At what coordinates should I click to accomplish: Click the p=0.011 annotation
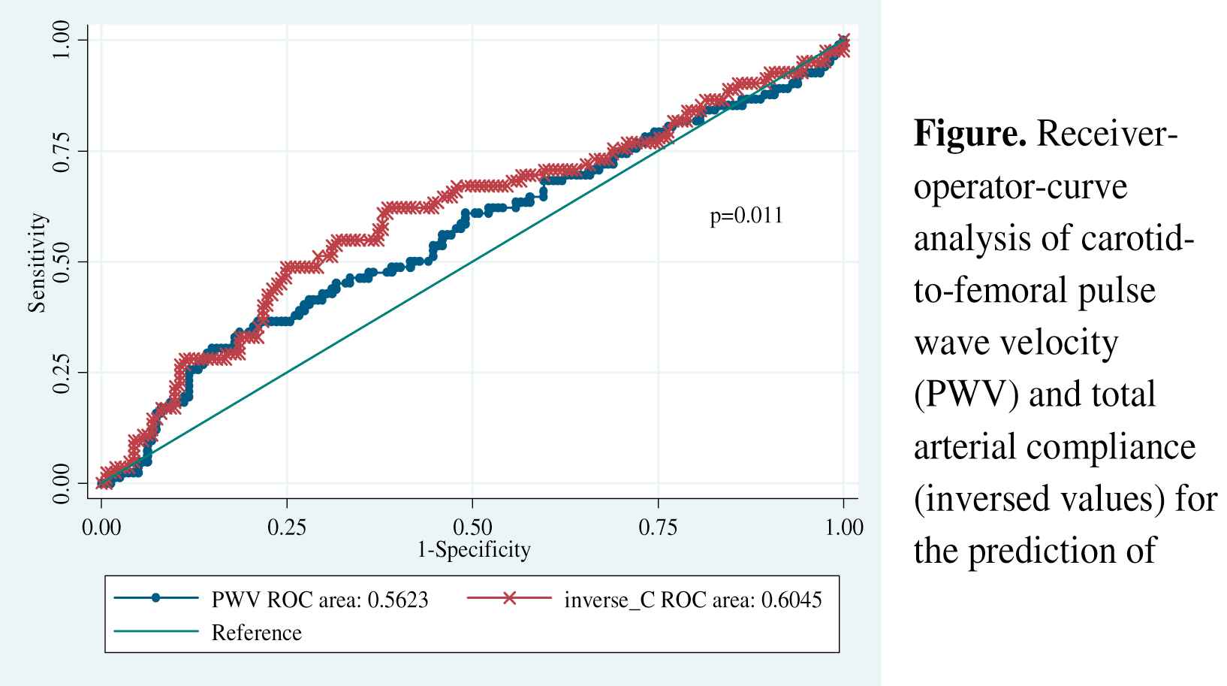tap(746, 216)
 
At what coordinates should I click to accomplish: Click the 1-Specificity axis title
tap(473, 550)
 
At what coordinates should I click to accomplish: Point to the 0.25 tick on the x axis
tap(287, 527)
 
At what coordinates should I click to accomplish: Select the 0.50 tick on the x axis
tap(472, 527)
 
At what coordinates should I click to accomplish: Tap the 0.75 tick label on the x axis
tap(658, 527)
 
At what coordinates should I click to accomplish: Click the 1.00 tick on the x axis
tap(844, 527)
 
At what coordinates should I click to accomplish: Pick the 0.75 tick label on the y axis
tap(62, 150)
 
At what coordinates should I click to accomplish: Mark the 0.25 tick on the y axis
tap(62, 373)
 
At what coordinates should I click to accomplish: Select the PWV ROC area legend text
tap(320, 600)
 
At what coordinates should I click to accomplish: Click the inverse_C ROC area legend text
tap(692, 600)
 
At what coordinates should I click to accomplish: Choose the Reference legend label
tap(257, 633)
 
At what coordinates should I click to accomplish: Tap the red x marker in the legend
tap(509, 599)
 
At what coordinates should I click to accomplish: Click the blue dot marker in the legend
tap(156, 599)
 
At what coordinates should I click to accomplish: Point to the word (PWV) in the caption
tap(963, 394)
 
